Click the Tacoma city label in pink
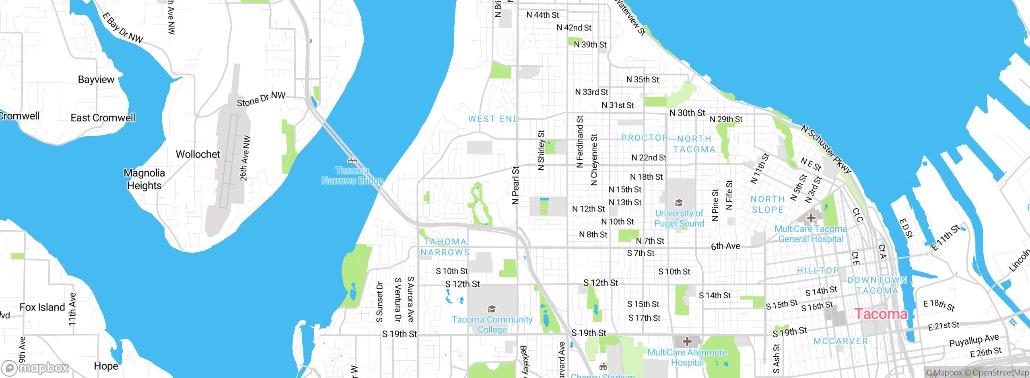881,314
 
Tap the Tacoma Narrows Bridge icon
352,160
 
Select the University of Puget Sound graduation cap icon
679,203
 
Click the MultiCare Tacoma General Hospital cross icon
811,218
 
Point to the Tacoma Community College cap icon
491,309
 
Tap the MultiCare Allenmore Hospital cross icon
687,342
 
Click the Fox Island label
42,307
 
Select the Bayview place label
96,80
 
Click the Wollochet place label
198,154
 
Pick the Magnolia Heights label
144,179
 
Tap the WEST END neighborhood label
494,119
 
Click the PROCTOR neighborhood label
644,138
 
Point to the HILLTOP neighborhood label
818,271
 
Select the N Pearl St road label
515,186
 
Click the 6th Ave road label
725,246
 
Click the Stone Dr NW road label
261,99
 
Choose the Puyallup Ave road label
974,340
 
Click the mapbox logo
35,368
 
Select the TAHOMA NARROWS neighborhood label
445,247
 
